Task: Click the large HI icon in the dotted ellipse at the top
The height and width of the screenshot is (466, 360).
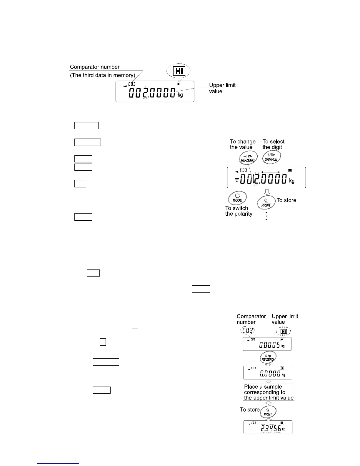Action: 179,71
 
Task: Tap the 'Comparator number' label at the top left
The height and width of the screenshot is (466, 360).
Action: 95,67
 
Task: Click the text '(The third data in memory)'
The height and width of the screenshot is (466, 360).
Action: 102,75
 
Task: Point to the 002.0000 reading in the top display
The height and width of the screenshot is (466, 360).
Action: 152,94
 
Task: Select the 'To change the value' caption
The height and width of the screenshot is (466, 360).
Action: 243,144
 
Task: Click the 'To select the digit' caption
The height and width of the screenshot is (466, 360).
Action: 273,144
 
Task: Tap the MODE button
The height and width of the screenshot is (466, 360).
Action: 237,198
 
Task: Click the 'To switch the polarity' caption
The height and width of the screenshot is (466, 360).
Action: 239,211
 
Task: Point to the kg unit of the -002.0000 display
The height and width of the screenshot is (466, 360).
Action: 292,181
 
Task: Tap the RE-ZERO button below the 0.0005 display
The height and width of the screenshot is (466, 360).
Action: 268,358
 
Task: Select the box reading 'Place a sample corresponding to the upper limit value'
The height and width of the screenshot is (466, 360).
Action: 269,392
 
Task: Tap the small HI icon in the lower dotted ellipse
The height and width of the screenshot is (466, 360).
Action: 284,332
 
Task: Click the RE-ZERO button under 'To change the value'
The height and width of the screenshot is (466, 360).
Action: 248,158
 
